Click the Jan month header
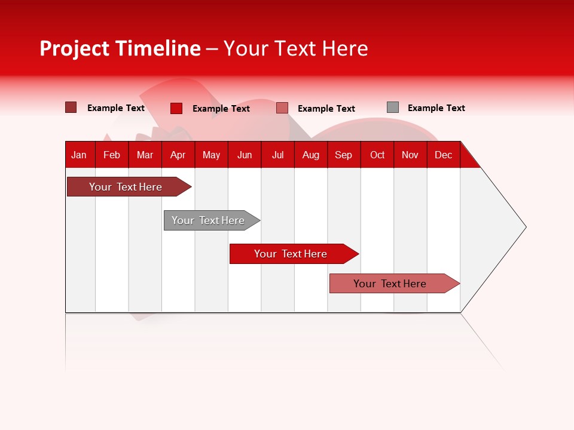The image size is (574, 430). [x=79, y=155]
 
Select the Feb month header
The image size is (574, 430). [x=112, y=155]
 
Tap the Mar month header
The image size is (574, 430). [x=145, y=155]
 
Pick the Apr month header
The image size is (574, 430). [x=178, y=155]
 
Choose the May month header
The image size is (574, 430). [x=211, y=155]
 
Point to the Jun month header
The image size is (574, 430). [x=245, y=155]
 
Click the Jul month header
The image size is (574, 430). [x=277, y=155]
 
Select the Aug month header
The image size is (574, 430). [x=310, y=155]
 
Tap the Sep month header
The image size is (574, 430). [x=343, y=155]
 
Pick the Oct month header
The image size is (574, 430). [x=377, y=155]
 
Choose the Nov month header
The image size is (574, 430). [x=410, y=155]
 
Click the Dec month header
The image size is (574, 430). [x=443, y=155]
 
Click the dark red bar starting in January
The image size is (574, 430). [x=126, y=187]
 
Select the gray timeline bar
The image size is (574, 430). [x=208, y=220]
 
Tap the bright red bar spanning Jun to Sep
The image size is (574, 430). [x=291, y=254]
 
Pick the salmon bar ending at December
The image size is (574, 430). [x=390, y=284]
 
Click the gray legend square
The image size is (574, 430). [x=393, y=107]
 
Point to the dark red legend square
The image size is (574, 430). [x=71, y=107]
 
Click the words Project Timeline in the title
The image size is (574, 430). [x=120, y=48]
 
